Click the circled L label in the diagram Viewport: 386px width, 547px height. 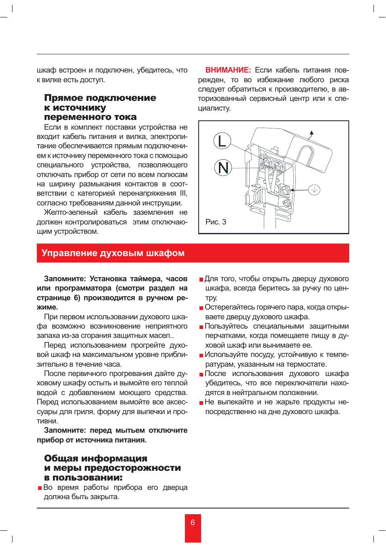point(222,141)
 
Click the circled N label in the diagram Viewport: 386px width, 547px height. point(223,168)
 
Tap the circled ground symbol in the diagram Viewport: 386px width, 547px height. point(314,190)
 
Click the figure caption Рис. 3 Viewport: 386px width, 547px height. point(216,222)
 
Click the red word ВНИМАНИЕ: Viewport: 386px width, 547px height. point(228,70)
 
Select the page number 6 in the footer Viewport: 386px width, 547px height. point(193,522)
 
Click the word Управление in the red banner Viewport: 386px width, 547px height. point(69,253)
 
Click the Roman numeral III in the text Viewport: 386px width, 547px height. point(183,193)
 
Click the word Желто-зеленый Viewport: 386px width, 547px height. point(70,212)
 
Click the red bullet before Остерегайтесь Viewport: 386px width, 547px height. point(201,308)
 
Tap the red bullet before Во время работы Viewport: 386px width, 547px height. point(40,488)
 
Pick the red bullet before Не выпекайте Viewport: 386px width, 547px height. point(201,403)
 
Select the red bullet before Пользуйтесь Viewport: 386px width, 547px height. point(201,327)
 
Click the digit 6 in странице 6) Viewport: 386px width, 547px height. point(76,298)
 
